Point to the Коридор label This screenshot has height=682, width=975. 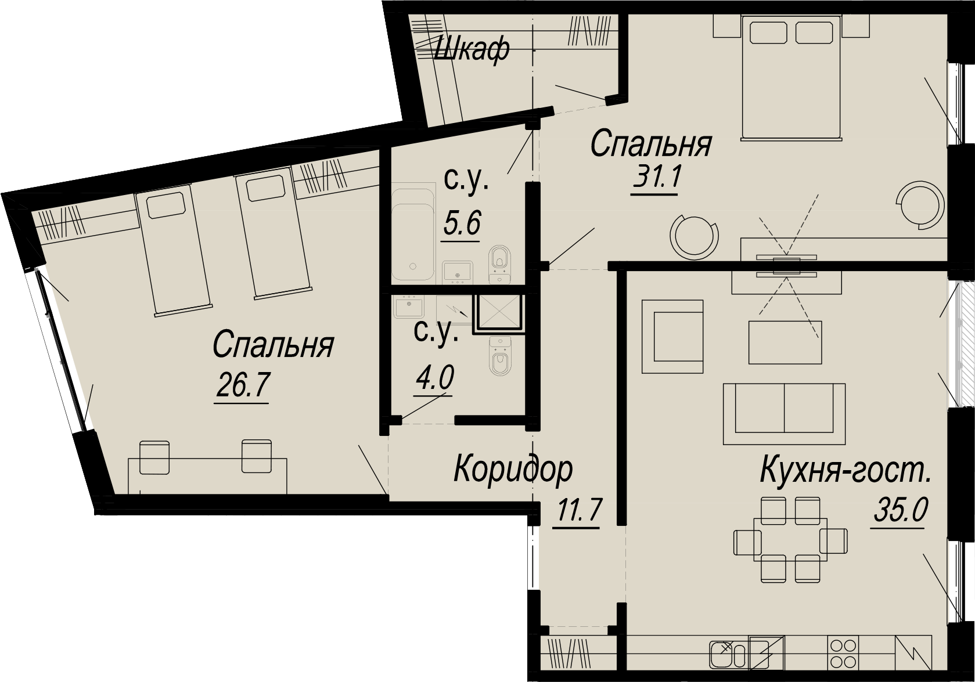click(x=513, y=469)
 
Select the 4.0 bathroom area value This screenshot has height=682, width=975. click(x=434, y=377)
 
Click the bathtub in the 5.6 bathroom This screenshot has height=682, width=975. click(x=413, y=231)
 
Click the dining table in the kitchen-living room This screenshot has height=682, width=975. click(x=790, y=539)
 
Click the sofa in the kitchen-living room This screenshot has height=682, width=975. click(x=784, y=414)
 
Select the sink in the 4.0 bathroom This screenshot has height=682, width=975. click(x=408, y=307)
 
